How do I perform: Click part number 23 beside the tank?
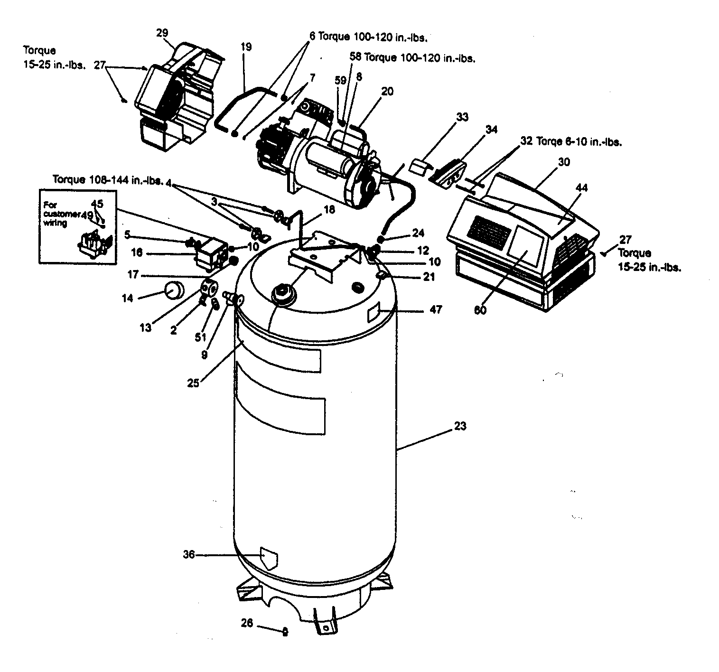(460, 426)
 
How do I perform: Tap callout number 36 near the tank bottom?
(189, 554)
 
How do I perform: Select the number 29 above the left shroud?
(162, 33)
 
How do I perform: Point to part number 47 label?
(435, 310)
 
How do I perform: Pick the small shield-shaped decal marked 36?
(269, 559)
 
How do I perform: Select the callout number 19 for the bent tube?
(246, 47)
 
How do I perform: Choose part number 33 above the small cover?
(462, 116)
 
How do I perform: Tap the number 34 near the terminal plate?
(492, 129)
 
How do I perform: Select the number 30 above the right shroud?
(564, 162)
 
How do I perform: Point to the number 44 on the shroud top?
(582, 188)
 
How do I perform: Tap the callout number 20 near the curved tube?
(387, 92)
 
